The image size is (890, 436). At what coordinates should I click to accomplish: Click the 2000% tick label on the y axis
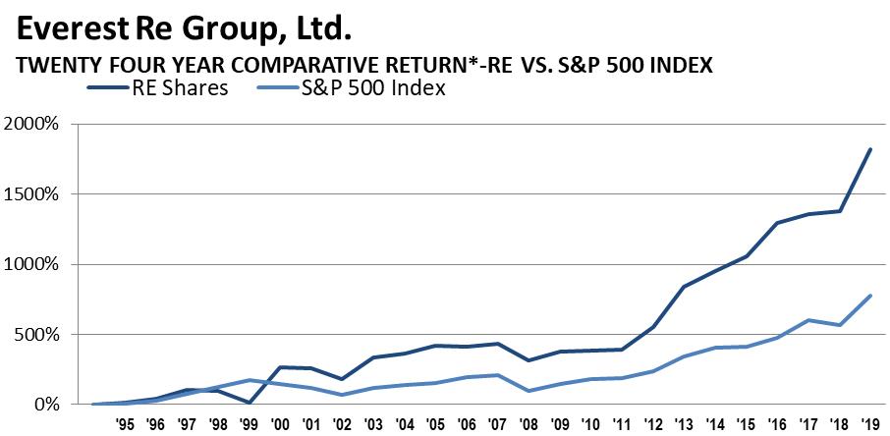click(34, 125)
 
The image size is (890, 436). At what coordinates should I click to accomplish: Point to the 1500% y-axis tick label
click(34, 194)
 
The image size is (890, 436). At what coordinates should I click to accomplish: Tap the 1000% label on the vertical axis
click(34, 264)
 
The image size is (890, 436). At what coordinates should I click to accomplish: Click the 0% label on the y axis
click(48, 404)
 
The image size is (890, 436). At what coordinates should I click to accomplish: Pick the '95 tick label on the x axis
click(125, 425)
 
